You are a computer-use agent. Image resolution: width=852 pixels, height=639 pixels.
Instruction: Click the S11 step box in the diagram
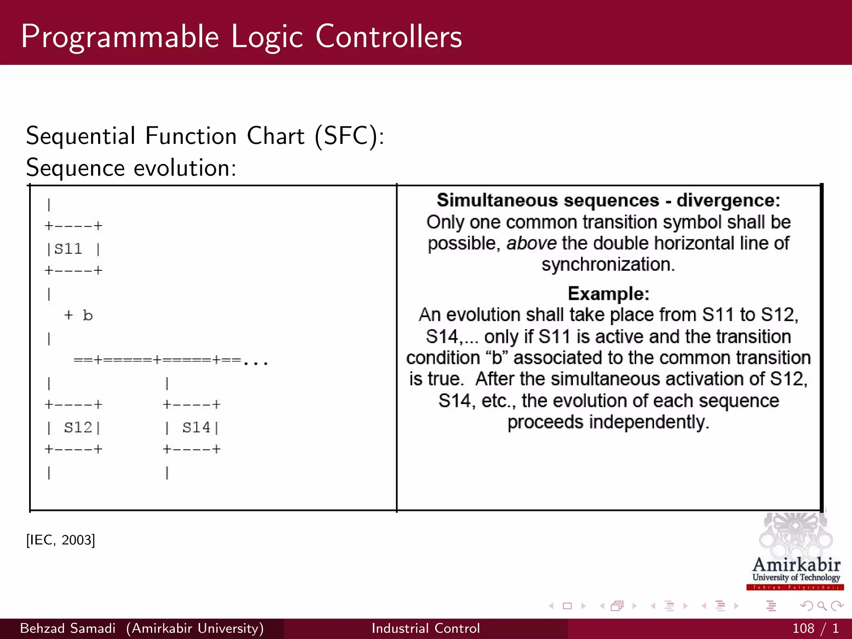click(73, 249)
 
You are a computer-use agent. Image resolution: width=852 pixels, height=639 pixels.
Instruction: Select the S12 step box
click(74, 427)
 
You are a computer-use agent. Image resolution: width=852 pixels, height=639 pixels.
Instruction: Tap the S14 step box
click(192, 427)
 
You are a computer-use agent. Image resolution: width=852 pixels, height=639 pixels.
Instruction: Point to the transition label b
click(87, 315)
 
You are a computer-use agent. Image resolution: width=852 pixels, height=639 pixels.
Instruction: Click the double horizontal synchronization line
click(158, 360)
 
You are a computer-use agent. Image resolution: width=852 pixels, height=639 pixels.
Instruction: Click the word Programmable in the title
click(120, 37)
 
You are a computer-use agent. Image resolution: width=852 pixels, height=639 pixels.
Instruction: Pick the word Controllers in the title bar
click(389, 37)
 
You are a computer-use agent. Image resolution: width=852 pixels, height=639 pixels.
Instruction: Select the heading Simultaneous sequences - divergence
click(608, 201)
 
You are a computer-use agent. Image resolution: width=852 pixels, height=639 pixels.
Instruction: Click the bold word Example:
click(608, 294)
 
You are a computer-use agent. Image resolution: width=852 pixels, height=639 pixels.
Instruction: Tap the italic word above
click(531, 243)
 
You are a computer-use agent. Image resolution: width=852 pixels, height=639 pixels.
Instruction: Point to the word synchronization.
click(608, 265)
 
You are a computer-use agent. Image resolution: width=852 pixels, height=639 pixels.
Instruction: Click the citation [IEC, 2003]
click(61, 540)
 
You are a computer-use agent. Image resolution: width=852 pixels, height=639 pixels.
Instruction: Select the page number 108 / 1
click(815, 628)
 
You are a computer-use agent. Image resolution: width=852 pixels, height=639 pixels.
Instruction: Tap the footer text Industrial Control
click(426, 628)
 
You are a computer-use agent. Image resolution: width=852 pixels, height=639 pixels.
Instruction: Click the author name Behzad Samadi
click(67, 628)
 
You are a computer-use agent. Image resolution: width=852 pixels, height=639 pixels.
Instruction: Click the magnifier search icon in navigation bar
click(821, 606)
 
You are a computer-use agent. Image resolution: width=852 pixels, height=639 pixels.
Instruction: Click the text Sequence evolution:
click(131, 168)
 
